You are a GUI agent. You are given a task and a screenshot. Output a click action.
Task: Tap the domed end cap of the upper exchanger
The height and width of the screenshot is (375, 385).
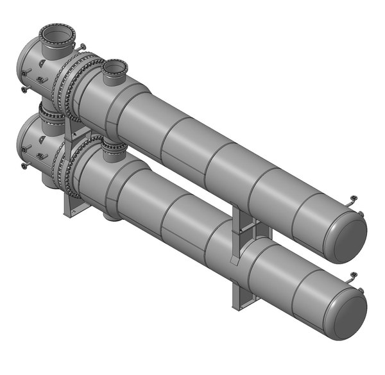[x=346, y=238]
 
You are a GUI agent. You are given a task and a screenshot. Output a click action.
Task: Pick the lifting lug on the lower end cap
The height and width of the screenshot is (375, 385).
[x=354, y=278]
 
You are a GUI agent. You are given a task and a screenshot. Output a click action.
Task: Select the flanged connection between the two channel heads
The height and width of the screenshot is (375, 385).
[x=51, y=113]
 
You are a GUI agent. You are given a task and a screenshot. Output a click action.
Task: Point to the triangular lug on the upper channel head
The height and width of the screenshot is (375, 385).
[x=41, y=64]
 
